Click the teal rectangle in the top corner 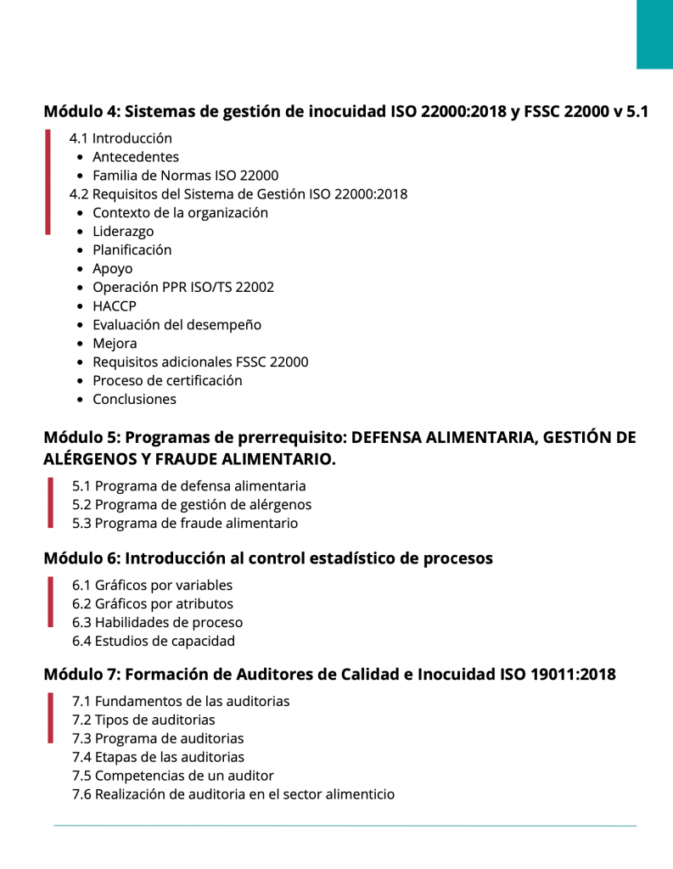[654, 34]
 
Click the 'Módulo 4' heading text [345, 111]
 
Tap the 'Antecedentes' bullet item [136, 157]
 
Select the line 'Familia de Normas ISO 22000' [185, 176]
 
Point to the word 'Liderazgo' [123, 231]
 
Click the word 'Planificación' [132, 249]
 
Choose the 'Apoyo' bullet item [112, 269]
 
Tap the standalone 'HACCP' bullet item [114, 306]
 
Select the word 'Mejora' [115, 344]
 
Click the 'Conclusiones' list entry [134, 399]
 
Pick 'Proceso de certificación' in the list [167, 380]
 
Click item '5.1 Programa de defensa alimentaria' [188, 486]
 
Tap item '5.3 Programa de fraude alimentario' [185, 524]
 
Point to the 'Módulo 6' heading [267, 558]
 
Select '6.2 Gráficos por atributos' [153, 604]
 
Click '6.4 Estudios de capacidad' [154, 642]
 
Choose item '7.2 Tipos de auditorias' [143, 720]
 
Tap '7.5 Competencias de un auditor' [173, 776]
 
